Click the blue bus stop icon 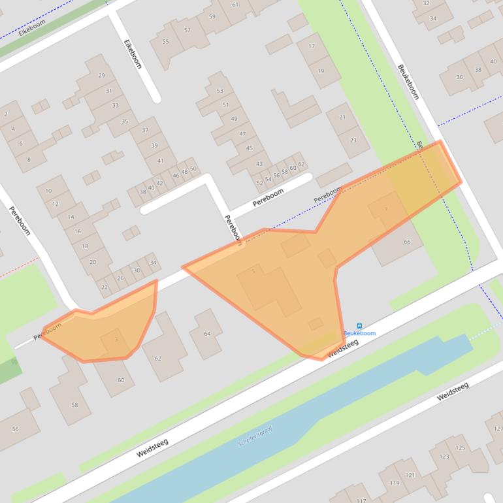(x=359, y=325)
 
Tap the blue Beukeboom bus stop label (x=360, y=333)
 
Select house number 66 (x=408, y=242)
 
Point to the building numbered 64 (x=208, y=334)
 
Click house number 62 (x=157, y=358)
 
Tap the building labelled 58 (x=74, y=405)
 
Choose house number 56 (x=15, y=429)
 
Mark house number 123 (x=444, y=457)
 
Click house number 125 (x=461, y=447)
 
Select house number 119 (x=395, y=483)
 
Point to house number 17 (x=312, y=46)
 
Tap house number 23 (x=353, y=140)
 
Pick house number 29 (x=101, y=75)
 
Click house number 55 (x=165, y=42)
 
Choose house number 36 (x=459, y=77)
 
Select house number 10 (x=48, y=191)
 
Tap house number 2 (x=6, y=114)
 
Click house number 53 (x=219, y=91)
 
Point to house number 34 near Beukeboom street (x=433, y=18)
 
